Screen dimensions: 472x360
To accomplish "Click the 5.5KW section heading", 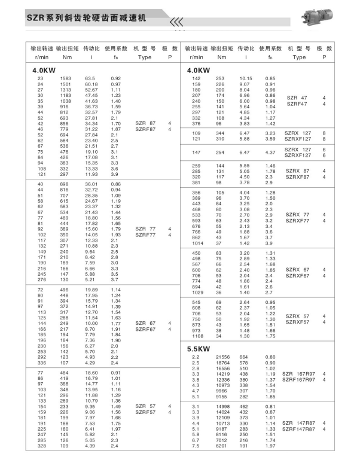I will click(x=199, y=349).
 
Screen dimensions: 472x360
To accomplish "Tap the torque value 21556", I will click(x=222, y=358).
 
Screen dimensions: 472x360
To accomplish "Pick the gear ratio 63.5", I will click(x=91, y=79).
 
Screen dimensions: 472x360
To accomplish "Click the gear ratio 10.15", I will click(x=246, y=79).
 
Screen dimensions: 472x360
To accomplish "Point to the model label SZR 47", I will click(x=297, y=97).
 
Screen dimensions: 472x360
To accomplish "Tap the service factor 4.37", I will click(x=270, y=152).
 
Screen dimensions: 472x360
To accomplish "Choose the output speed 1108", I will click(x=197, y=336).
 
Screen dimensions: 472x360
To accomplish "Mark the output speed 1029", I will click(x=197, y=292).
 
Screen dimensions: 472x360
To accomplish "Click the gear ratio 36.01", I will click(x=91, y=184).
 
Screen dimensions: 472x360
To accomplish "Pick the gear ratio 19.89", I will click(x=91, y=290).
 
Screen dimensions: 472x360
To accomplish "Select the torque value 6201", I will click(x=222, y=446).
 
